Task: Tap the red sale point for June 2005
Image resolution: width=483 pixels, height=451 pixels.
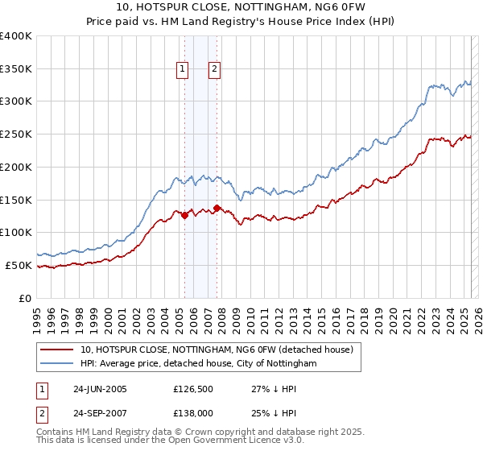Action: pos(184,215)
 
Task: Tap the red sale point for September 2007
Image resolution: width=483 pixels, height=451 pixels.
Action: pos(217,208)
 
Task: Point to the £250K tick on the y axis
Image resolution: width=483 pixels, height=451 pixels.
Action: pos(18,134)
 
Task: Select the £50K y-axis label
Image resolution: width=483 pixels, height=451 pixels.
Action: pos(20,265)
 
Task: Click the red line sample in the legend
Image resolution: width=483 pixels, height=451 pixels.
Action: pos(56,350)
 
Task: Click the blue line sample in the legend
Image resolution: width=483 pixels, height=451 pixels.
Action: pos(56,364)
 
